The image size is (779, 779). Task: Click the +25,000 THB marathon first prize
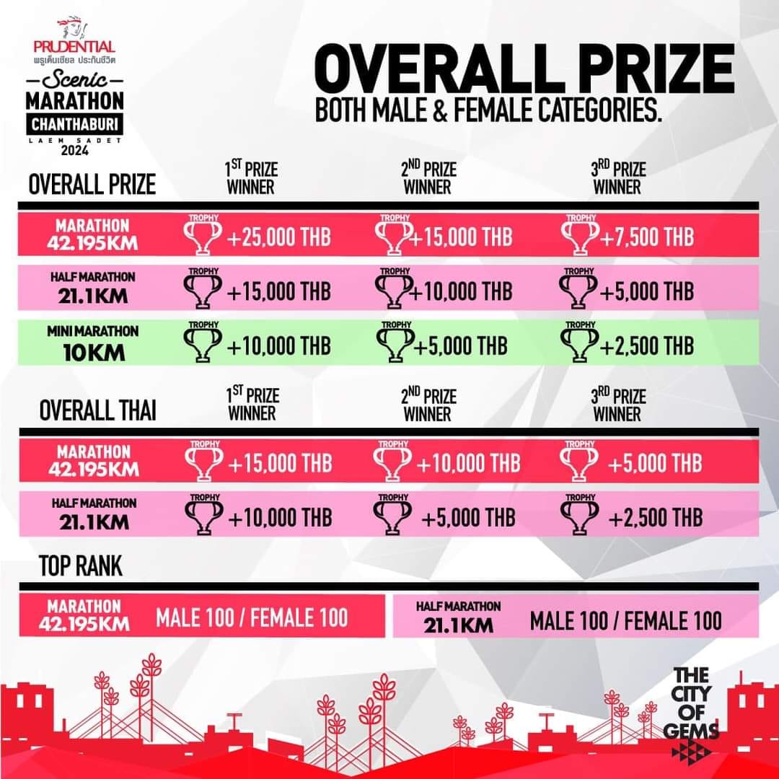click(x=278, y=237)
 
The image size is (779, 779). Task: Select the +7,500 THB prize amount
click(x=647, y=237)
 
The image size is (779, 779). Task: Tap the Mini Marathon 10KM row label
click(x=93, y=343)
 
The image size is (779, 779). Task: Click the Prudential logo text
click(x=74, y=47)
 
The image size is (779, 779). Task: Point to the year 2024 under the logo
click(x=75, y=150)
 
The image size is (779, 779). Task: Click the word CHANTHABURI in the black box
click(x=74, y=124)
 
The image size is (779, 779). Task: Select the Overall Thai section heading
click(x=97, y=410)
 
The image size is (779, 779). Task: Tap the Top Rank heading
click(x=81, y=565)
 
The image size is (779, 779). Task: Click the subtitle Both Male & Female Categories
click(x=488, y=110)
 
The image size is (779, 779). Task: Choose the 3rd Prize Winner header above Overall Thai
click(x=618, y=405)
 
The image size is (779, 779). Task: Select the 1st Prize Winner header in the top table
click(x=252, y=177)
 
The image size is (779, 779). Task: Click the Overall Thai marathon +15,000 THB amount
click(x=280, y=464)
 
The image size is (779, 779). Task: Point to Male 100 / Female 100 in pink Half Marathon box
click(x=625, y=621)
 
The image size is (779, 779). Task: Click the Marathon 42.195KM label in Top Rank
click(x=84, y=615)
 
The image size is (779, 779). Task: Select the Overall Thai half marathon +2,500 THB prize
click(x=655, y=518)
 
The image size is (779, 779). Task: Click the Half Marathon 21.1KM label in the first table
click(x=93, y=288)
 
